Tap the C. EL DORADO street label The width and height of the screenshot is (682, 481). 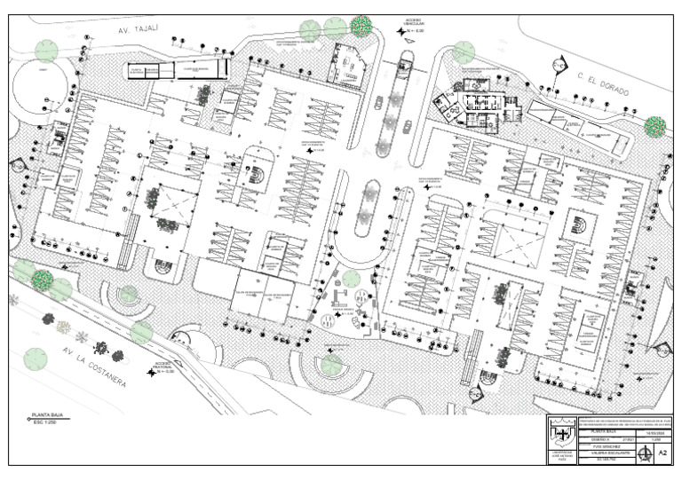coord(603,84)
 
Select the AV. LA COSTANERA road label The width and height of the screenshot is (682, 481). coord(97,367)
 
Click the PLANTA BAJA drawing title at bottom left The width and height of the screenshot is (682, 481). coord(47,414)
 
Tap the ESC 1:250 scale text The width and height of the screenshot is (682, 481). coord(44,422)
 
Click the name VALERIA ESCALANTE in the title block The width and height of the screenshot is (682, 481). coord(605,453)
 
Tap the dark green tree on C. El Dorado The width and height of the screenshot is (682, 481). coord(655,127)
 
